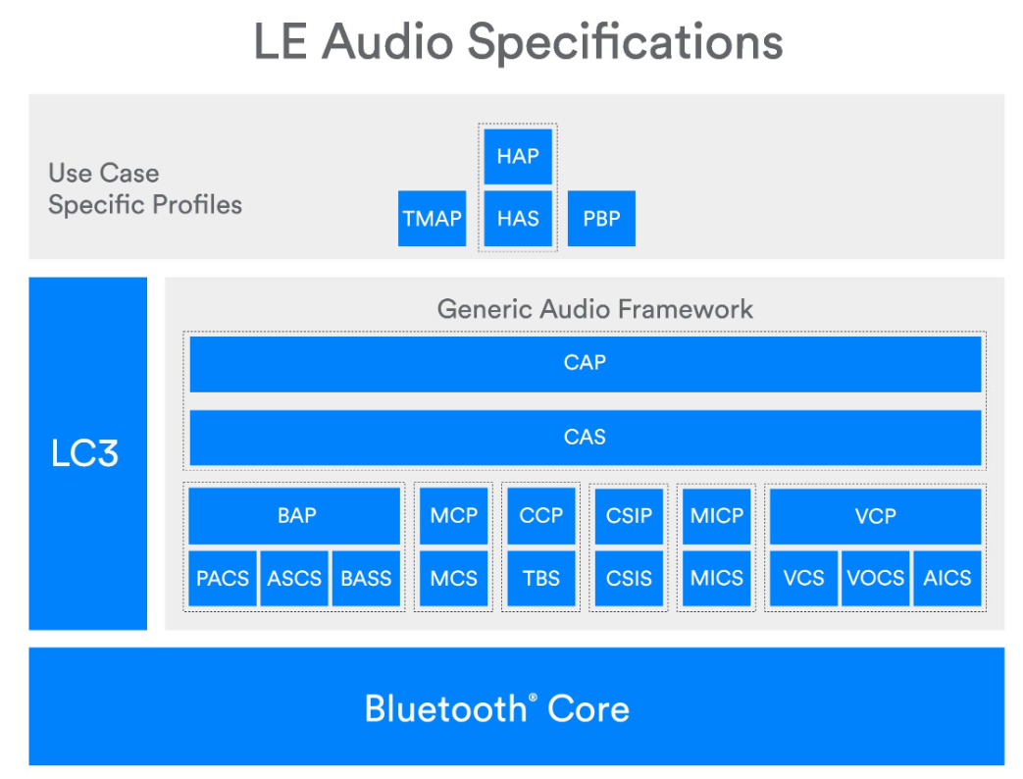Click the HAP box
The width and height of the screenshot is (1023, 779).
tap(518, 156)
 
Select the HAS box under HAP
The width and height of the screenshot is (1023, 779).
tap(518, 218)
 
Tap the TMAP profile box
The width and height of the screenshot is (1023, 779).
tap(433, 218)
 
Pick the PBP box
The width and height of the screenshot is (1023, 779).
tap(601, 218)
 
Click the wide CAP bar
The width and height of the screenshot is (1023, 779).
tap(585, 363)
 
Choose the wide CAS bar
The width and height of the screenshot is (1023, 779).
tap(585, 437)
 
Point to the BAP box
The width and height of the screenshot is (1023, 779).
tap(295, 516)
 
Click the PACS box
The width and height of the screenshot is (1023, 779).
tap(223, 578)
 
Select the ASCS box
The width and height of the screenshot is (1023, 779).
tap(294, 578)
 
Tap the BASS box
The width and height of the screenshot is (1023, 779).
tap(366, 578)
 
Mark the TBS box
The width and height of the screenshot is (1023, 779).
tap(540, 578)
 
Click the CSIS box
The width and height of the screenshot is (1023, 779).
tap(629, 578)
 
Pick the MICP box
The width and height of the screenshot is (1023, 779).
tap(717, 516)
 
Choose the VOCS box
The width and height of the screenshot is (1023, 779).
tap(875, 578)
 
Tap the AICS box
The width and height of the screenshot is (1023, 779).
tap(946, 578)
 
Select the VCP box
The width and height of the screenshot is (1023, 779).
tap(875, 516)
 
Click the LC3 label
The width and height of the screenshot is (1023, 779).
tap(85, 454)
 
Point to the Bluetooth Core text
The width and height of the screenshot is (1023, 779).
tap(497, 708)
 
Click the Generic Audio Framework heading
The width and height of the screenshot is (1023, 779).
tap(594, 309)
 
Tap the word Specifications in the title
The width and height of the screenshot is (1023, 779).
tap(625, 41)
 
